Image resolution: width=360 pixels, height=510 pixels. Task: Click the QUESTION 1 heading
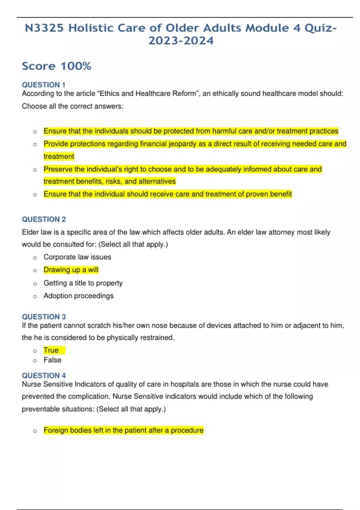coord(43,85)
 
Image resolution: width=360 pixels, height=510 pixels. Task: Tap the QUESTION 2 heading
coord(44,219)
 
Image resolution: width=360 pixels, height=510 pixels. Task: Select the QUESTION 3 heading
coord(44,317)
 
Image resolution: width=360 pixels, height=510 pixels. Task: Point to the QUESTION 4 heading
coord(44,376)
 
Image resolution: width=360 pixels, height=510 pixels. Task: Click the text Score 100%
coord(56,66)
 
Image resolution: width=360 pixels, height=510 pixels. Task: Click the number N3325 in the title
coord(44,28)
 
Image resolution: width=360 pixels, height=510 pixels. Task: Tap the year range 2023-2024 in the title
coord(181,41)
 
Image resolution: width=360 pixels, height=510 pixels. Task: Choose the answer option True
coord(51,350)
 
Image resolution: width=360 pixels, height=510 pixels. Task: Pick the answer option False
coord(52,360)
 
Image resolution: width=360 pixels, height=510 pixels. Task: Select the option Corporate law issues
coord(77,257)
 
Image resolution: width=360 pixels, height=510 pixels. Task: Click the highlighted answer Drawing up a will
coord(71,270)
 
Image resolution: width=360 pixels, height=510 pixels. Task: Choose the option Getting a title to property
coord(83,283)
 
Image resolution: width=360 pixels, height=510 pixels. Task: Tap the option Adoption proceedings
coord(79,296)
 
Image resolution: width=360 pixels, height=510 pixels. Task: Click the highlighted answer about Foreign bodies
coord(123,430)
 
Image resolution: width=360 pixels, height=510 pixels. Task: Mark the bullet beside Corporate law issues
coord(35,258)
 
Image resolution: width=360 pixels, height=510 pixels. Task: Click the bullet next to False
coord(35,361)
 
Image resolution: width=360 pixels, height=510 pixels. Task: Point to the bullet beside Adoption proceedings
coord(35,296)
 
